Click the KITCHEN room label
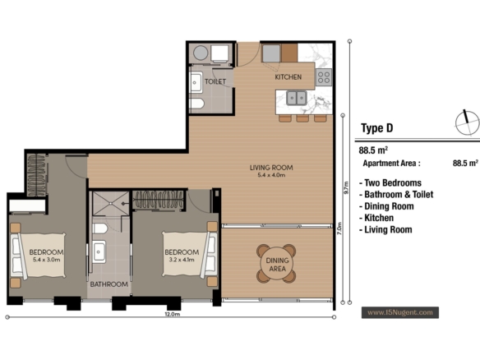(x=288, y=76)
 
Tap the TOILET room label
(x=215, y=81)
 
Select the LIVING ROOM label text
(x=271, y=168)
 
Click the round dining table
(x=277, y=264)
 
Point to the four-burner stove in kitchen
(x=324, y=76)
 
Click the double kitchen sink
(x=297, y=98)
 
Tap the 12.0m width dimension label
(x=173, y=314)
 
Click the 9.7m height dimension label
(x=347, y=188)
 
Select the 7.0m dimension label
(x=339, y=228)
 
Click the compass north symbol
(x=467, y=122)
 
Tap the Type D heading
(x=376, y=128)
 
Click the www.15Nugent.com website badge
(x=400, y=312)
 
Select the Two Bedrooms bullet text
(x=390, y=182)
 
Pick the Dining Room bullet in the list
(x=386, y=206)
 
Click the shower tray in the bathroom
(x=111, y=204)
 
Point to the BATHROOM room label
(x=109, y=284)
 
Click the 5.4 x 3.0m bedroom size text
(x=47, y=260)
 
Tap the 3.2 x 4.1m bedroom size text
(x=182, y=260)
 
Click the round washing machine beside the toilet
(x=201, y=53)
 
